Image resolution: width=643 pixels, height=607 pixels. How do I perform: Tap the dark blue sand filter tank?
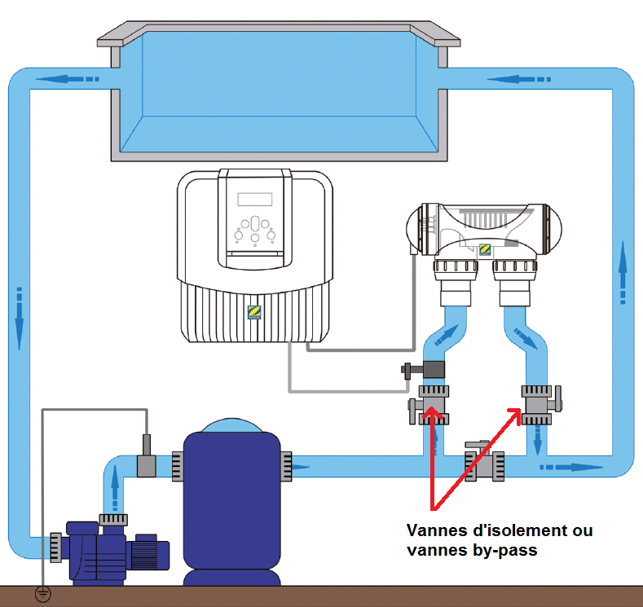232,505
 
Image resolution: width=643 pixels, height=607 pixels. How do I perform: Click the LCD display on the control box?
255,200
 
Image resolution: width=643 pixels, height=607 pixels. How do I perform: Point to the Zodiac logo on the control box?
254,310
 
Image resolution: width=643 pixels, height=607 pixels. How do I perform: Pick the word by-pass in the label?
509,550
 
